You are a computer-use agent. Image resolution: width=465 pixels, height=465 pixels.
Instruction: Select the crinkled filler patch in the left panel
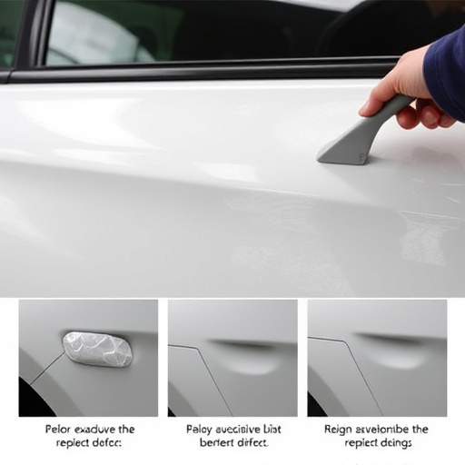click(x=97, y=349)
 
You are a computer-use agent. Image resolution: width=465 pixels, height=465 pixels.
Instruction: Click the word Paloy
click(x=201, y=429)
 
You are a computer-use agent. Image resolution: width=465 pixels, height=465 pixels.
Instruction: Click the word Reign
click(x=340, y=429)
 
